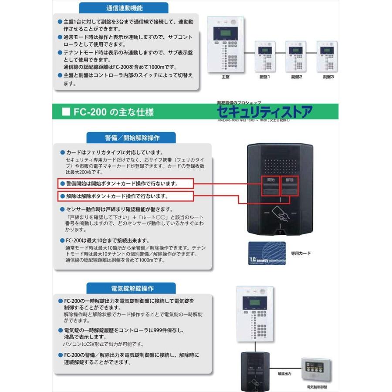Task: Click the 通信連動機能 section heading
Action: (x=124, y=8)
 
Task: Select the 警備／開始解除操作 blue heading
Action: (x=132, y=138)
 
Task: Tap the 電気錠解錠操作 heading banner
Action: (x=132, y=288)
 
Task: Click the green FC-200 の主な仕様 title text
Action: (x=113, y=112)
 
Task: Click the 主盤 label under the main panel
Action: (x=225, y=76)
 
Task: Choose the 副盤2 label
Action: (x=297, y=76)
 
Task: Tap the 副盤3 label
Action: (x=328, y=76)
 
